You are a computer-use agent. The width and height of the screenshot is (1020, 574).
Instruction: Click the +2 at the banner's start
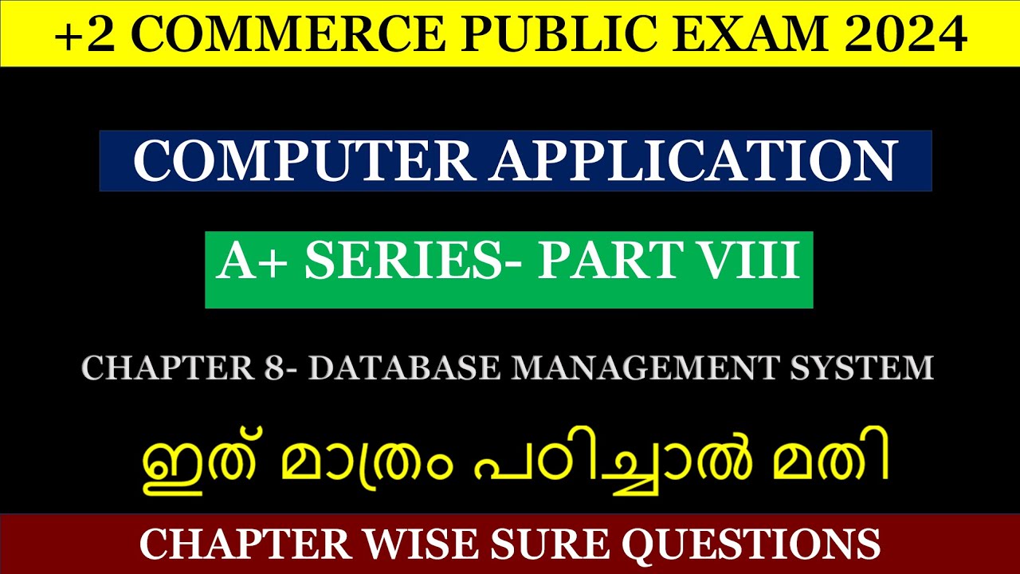tap(80, 33)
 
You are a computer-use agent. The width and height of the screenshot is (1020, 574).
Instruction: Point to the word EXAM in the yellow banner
tap(723, 33)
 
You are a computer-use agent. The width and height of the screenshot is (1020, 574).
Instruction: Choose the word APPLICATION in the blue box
tap(694, 160)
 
